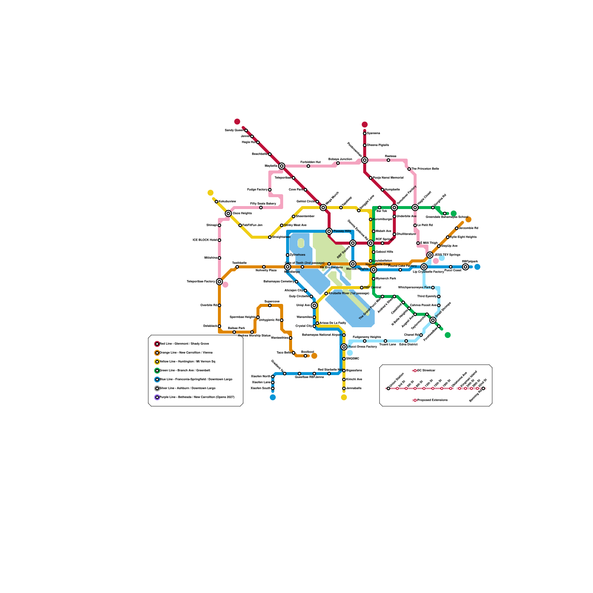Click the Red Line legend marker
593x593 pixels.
pos(157,344)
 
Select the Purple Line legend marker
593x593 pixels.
pos(157,397)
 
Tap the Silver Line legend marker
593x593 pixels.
pos(157,388)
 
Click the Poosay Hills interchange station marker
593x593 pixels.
pos(329,231)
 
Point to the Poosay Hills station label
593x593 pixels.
pos(342,231)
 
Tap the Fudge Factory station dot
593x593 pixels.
pos(270,190)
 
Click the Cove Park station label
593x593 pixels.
pos(296,190)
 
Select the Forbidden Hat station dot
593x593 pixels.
pos(308,166)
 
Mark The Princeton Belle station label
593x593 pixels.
pos(425,169)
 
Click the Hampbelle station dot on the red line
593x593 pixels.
pos(382,190)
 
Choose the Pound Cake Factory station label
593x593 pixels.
pos(402,266)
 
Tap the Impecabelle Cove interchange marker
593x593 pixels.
pos(374,270)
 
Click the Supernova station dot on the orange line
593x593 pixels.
pos(270,305)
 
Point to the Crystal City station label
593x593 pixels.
pos(304,326)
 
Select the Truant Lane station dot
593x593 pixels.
pos(385,341)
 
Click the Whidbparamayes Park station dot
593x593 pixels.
pos(433,288)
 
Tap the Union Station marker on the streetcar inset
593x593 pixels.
pos(388,388)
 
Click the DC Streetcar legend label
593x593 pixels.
pos(426,371)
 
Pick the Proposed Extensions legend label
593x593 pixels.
pos(432,400)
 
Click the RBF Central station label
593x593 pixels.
pos(372,288)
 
